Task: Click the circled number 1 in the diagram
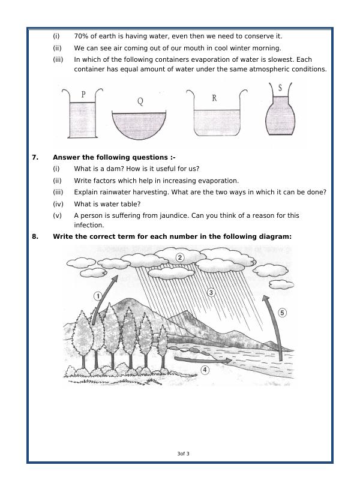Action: pyautogui.click(x=98, y=295)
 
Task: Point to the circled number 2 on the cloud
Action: pyautogui.click(x=179, y=257)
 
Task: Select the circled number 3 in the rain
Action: pyautogui.click(x=211, y=292)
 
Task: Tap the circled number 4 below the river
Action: pyautogui.click(x=205, y=370)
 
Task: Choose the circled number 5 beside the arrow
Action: pyautogui.click(x=283, y=313)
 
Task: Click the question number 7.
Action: pyautogui.click(x=35, y=157)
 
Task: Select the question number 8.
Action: pyautogui.click(x=35, y=236)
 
